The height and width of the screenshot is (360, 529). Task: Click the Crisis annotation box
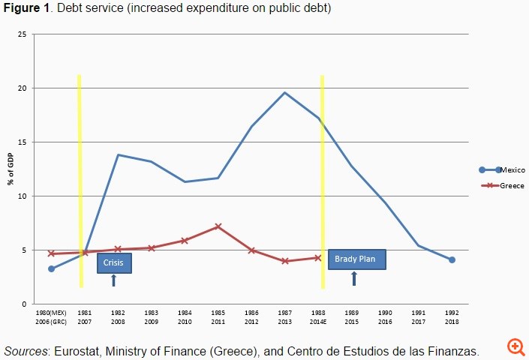(x=114, y=262)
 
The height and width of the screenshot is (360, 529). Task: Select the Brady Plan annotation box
(x=357, y=259)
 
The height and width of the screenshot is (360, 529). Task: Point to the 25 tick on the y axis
(x=23, y=34)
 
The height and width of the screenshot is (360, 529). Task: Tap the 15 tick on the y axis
(x=23, y=142)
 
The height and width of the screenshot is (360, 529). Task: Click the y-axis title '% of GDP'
(x=11, y=169)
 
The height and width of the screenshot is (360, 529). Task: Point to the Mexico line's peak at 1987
(x=285, y=93)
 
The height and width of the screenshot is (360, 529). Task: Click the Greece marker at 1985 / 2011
(x=218, y=226)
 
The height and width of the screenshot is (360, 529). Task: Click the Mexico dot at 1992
(x=452, y=259)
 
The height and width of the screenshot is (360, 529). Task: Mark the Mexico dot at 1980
(x=51, y=268)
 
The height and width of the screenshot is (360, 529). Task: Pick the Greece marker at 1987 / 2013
(x=285, y=261)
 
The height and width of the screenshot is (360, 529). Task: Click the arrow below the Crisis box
(x=114, y=280)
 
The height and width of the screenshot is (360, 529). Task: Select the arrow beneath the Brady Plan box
(x=354, y=278)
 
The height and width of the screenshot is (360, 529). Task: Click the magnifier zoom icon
(x=515, y=346)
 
